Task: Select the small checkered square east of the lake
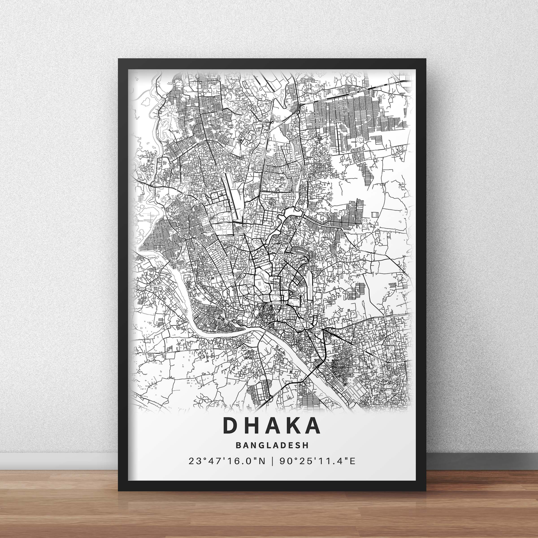[x=375, y=214]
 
